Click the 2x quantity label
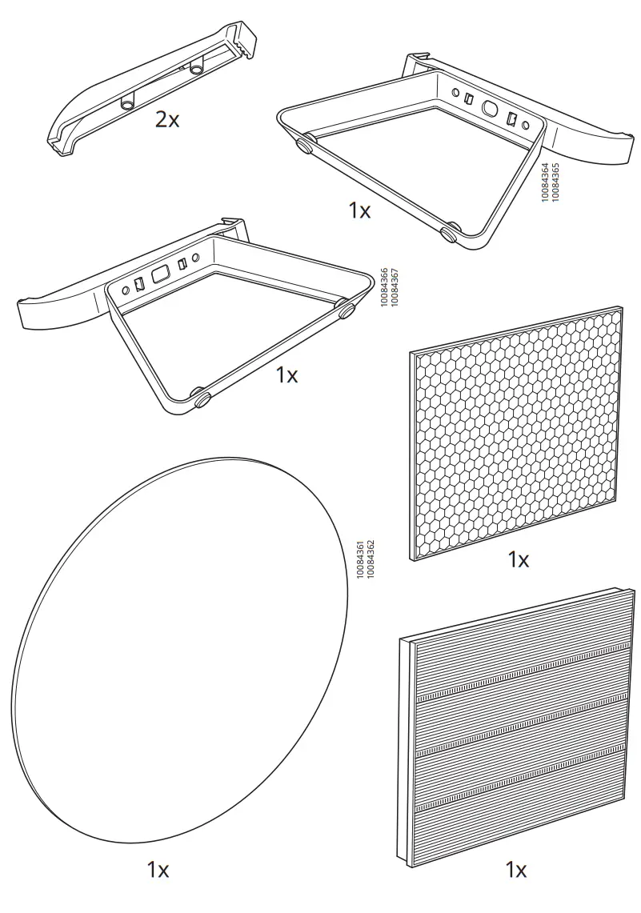pos(167,120)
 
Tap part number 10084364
pos(545,182)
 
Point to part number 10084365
pos(555,182)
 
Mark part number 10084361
pos(360,560)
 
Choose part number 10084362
pos(371,560)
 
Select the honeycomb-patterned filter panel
pos(517,432)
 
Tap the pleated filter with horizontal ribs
pos(517,728)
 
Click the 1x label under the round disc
pos(158,871)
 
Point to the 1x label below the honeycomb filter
pos(518,560)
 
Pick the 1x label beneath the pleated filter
pos(516,869)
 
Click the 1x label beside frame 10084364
pos(359,210)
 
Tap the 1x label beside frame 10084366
pos(286,374)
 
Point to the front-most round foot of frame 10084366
pos(200,394)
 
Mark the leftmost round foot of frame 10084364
pos(305,146)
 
